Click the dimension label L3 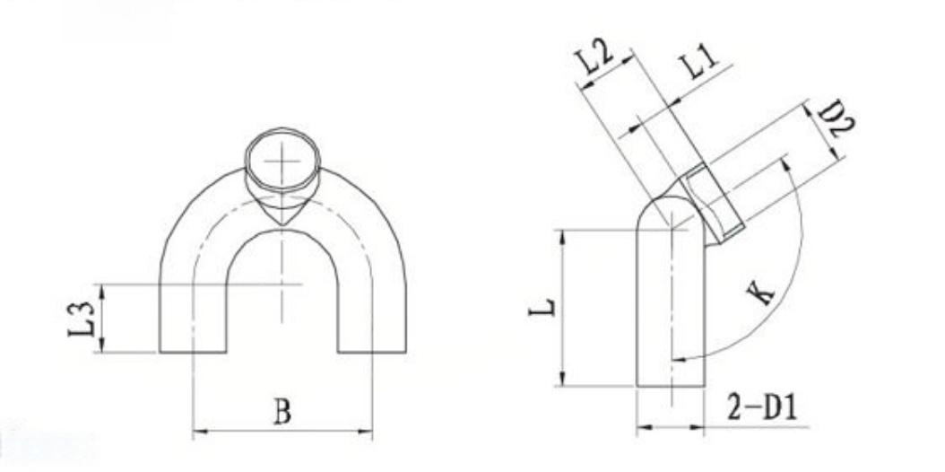pos(81,319)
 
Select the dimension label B pos(282,412)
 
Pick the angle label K pos(761,293)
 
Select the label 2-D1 pos(762,407)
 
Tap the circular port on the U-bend pos(282,161)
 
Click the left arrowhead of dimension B pos(199,431)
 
